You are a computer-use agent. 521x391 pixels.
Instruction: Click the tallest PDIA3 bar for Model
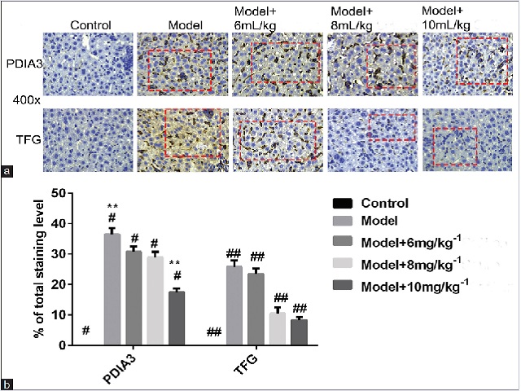point(112,289)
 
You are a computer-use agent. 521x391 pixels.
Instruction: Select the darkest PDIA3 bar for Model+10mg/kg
point(176,318)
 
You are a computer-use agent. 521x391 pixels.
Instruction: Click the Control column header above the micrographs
point(90,24)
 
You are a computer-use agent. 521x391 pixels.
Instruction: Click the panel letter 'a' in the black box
point(7,171)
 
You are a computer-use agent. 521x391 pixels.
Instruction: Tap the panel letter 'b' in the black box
point(7,383)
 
